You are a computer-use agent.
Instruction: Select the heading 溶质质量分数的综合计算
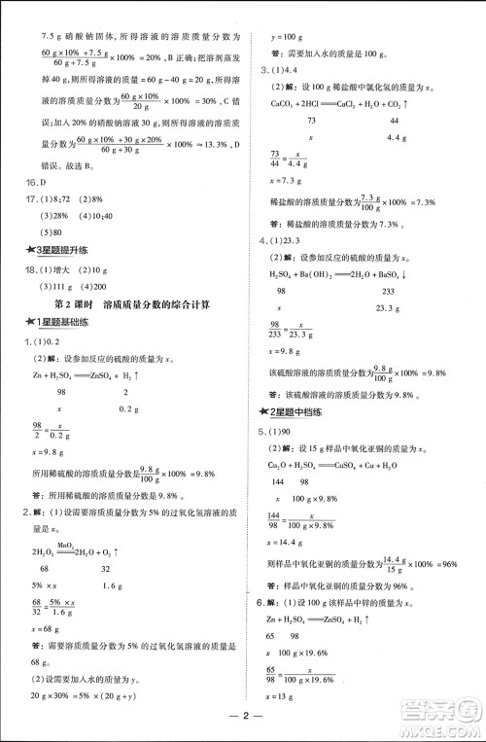pos(165,305)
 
